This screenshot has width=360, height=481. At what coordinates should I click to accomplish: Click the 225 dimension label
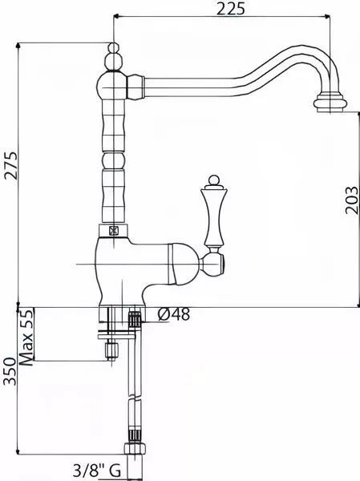[x=230, y=8]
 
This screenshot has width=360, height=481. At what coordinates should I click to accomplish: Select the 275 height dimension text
[x=11, y=165]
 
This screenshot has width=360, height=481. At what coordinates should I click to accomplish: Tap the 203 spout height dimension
[x=351, y=200]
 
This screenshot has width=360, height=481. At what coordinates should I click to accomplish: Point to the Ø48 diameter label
[x=174, y=314]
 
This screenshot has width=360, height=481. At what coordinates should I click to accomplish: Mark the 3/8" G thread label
[x=97, y=471]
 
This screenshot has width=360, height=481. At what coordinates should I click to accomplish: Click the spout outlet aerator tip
[x=330, y=104]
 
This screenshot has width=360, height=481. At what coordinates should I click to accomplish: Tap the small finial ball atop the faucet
[x=114, y=48]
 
